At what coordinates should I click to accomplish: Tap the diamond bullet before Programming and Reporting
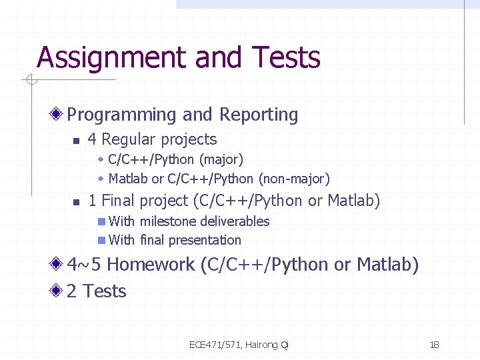point(58,115)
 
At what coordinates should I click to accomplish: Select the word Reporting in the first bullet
point(258,115)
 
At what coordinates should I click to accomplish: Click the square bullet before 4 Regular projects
point(77,141)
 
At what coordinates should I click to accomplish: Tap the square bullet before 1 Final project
point(77,202)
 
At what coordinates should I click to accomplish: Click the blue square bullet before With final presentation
point(101,240)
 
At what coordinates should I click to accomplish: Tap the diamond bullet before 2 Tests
point(58,291)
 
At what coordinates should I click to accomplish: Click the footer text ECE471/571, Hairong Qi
point(239,345)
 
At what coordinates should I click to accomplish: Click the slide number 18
point(434,345)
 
